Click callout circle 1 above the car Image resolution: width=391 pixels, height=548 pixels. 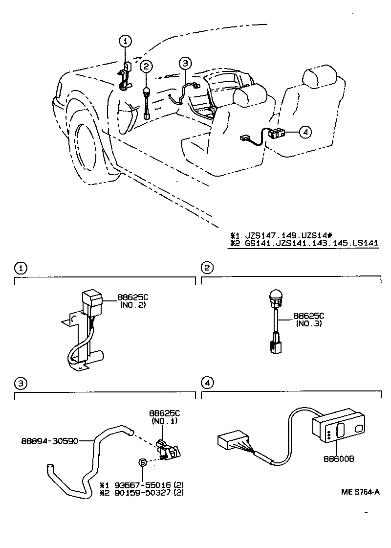coord(126,41)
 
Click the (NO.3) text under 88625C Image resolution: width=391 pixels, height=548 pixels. coord(309,324)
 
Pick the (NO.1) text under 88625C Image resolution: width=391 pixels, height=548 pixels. coord(164,421)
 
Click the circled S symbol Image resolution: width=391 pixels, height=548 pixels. coord(143,462)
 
